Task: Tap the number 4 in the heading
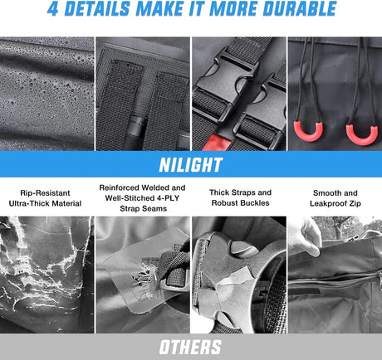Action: pyautogui.click(x=52, y=8)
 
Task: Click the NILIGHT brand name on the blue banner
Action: pyautogui.click(x=191, y=165)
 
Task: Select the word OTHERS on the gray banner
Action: pyautogui.click(x=190, y=347)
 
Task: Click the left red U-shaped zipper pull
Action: pyautogui.click(x=308, y=132)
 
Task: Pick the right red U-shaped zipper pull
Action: pyautogui.click(x=362, y=135)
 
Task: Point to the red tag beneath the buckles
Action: pyautogui.click(x=218, y=143)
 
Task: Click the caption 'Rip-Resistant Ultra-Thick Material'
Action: pyautogui.click(x=45, y=198)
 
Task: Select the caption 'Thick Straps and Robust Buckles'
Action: pyautogui.click(x=240, y=197)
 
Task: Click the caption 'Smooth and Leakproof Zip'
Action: pyautogui.click(x=335, y=198)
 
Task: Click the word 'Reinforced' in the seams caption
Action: pyautogui.click(x=120, y=187)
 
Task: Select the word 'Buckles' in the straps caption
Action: pyautogui.click(x=255, y=203)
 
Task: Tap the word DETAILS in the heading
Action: pyautogui.click(x=96, y=8)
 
